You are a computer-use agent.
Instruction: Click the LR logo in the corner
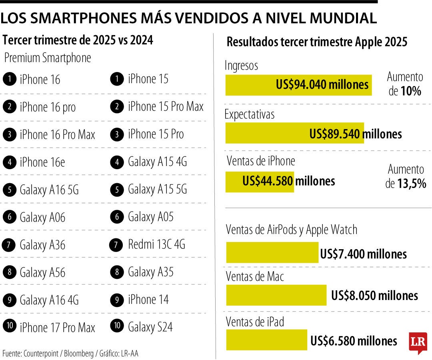(x=418, y=342)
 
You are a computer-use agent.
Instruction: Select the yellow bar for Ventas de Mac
(x=276, y=295)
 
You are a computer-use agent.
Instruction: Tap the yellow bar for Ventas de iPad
(x=266, y=340)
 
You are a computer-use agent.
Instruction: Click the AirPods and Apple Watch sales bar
(x=272, y=253)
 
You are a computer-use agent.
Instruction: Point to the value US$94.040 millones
(x=322, y=85)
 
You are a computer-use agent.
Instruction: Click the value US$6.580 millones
(x=354, y=341)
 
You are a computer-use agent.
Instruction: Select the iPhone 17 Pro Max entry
(x=57, y=328)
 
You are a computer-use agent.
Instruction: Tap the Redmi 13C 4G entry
(x=156, y=244)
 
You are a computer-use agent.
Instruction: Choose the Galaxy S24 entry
(x=150, y=327)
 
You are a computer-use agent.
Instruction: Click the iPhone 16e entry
(x=42, y=162)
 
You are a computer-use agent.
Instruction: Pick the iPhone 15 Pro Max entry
(x=166, y=106)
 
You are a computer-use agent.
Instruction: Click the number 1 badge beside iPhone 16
(x=9, y=79)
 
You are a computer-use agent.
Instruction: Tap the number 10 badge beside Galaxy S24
(x=117, y=326)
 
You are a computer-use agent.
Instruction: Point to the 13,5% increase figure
(x=411, y=184)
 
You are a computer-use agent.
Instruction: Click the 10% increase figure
(x=411, y=91)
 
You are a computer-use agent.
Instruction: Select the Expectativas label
(x=250, y=114)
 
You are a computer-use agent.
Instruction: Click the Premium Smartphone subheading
(x=48, y=58)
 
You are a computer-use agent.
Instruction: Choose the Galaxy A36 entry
(x=42, y=244)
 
